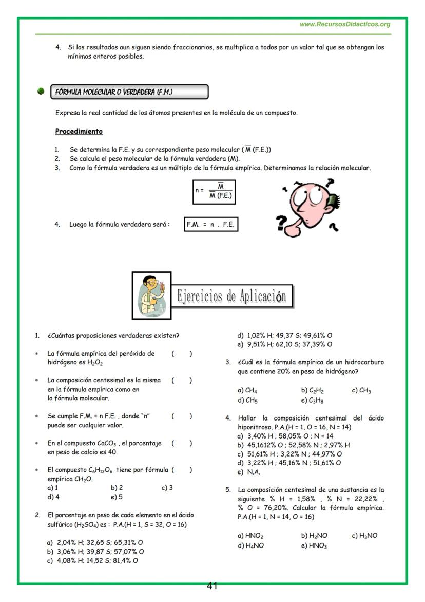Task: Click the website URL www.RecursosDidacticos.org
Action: (344, 24)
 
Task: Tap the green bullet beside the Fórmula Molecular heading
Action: (41, 92)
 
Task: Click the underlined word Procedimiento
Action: (79, 131)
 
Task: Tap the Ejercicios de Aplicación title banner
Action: (231, 296)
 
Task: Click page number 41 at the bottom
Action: (212, 586)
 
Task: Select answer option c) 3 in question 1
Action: (167, 488)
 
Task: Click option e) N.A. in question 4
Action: (249, 472)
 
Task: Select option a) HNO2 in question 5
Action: (250, 536)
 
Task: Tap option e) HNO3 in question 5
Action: (314, 545)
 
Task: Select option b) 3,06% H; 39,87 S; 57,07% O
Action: (95, 552)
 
